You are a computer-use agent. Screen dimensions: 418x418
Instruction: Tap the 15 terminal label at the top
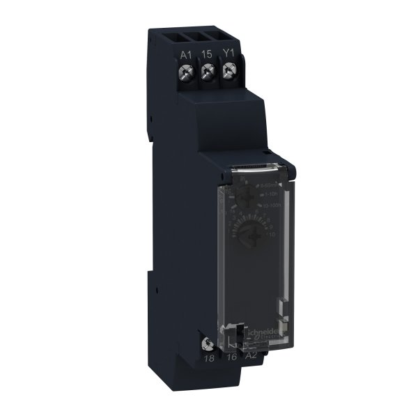(207, 54)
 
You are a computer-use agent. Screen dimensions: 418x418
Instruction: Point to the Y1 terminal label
(228, 54)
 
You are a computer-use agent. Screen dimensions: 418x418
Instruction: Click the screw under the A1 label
(185, 72)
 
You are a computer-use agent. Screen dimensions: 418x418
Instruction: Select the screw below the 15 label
(207, 71)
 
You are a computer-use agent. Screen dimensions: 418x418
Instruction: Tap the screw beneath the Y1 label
(228, 70)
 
